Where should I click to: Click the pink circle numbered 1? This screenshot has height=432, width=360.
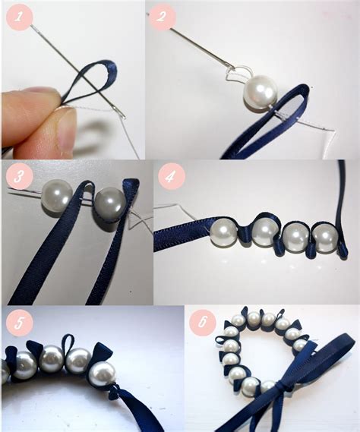pos(19,16)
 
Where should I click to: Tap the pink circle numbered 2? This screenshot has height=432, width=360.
pos(163,16)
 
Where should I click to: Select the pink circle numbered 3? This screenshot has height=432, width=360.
pos(19,176)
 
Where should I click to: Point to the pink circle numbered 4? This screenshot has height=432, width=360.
pos(171,177)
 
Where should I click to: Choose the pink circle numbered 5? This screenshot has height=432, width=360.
pos(19,323)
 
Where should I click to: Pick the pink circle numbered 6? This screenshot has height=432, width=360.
pos(203,322)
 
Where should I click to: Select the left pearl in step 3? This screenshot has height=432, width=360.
pos(56,196)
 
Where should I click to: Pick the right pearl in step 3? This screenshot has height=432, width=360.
pos(107,204)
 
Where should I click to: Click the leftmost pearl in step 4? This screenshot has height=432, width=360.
pos(223,230)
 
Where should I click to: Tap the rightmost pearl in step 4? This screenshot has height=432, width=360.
pos(325,238)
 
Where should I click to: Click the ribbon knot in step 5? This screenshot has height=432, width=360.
pos(114,393)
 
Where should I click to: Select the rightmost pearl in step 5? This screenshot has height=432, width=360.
pos(103,374)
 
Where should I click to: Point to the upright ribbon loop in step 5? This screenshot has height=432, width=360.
pos(68,343)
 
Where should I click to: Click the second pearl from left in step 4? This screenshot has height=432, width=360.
pos(266,230)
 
